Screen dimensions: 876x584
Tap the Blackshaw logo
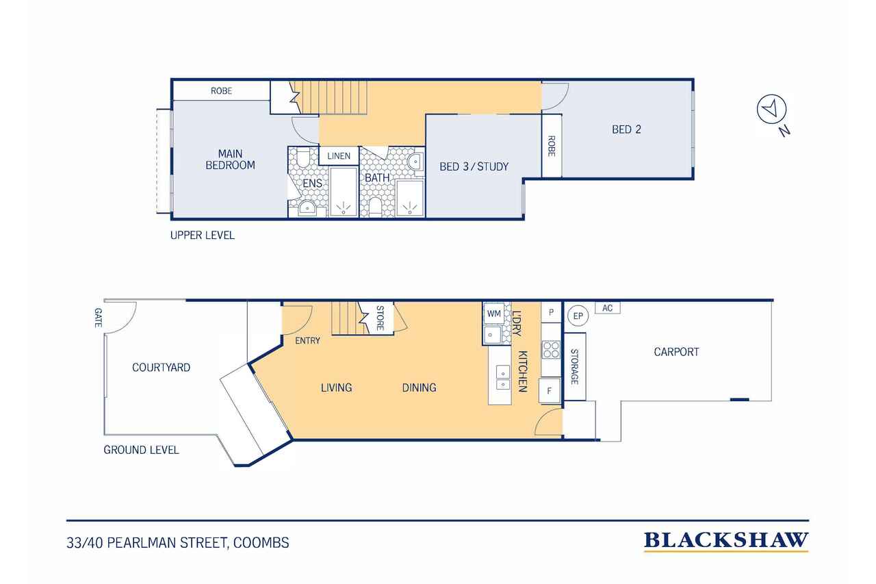point(726,542)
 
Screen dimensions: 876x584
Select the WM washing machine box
point(494,314)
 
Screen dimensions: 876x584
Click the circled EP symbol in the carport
point(578,316)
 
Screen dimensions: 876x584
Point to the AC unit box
point(607,308)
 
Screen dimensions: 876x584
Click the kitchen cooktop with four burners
point(551,350)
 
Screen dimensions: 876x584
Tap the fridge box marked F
point(550,390)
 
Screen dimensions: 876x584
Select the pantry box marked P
point(552,312)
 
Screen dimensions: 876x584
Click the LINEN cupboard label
point(339,156)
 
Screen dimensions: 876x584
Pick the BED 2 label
point(626,129)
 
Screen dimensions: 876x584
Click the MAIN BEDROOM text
point(231,160)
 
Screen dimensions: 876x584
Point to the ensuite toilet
point(303,158)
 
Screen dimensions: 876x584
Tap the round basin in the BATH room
point(415,161)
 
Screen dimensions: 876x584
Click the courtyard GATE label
point(98,317)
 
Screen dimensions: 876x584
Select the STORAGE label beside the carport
point(574,366)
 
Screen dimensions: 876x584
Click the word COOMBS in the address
point(261,542)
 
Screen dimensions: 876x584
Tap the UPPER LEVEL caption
point(202,235)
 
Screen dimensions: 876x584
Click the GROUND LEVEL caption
point(141,450)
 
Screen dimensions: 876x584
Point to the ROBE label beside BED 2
point(552,146)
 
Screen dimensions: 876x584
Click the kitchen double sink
point(503,377)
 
